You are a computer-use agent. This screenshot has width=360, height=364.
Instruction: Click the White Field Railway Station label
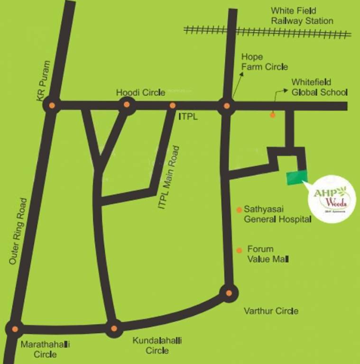pyautogui.click(x=302, y=16)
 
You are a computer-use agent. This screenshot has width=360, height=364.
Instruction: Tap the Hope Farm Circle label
pyautogui.click(x=264, y=62)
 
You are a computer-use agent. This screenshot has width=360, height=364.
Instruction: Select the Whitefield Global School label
pyautogui.click(x=319, y=87)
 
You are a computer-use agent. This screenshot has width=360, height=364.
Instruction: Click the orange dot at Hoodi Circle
pyautogui.click(x=127, y=105)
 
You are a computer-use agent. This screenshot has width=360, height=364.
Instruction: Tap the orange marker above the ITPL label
pyautogui.click(x=173, y=105)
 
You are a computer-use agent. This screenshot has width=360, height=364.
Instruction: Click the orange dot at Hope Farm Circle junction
pyautogui.click(x=227, y=106)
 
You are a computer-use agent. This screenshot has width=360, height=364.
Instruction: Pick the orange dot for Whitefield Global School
pyautogui.click(x=273, y=115)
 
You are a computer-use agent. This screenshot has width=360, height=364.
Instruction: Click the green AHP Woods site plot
pyautogui.click(x=297, y=178)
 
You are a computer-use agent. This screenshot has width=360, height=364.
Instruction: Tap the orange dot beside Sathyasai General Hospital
pyautogui.click(x=240, y=209)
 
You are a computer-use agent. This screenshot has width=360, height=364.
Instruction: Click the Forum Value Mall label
pyautogui.click(x=268, y=254)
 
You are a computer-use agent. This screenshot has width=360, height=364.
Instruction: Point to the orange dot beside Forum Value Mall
pyautogui.click(x=239, y=250)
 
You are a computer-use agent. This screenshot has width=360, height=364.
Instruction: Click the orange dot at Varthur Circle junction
pyautogui.click(x=229, y=293)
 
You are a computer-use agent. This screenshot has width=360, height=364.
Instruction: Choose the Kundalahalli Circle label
pyautogui.click(x=157, y=346)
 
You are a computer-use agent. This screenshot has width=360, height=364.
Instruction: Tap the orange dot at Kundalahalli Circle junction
pyautogui.click(x=113, y=328)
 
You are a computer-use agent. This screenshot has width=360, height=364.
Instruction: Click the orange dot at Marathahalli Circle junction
pyautogui.click(x=15, y=328)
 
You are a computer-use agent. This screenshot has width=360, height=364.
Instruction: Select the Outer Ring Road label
pyautogui.click(x=19, y=231)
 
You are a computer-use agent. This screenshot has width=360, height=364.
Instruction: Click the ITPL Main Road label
pyautogui.click(x=170, y=179)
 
